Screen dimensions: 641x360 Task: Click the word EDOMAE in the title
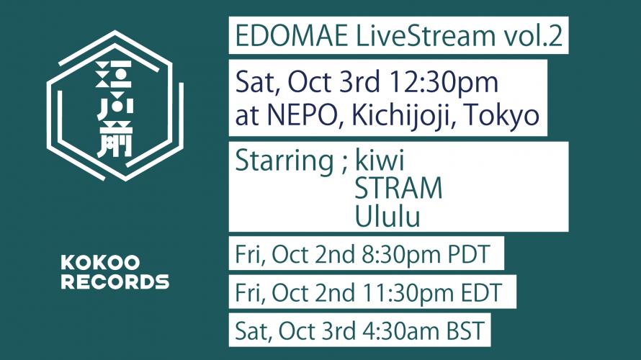(292, 35)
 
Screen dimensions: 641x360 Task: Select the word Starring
(284, 162)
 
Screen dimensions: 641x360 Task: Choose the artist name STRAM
(398, 188)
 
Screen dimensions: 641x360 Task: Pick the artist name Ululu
(387, 216)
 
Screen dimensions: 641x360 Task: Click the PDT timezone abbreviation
(469, 255)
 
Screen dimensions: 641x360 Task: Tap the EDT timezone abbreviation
(481, 292)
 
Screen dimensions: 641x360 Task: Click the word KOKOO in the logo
(101, 263)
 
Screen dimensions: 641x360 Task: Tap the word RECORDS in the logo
(115, 282)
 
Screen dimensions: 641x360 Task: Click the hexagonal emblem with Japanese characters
(115, 105)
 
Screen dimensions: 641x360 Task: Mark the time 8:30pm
(402, 256)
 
